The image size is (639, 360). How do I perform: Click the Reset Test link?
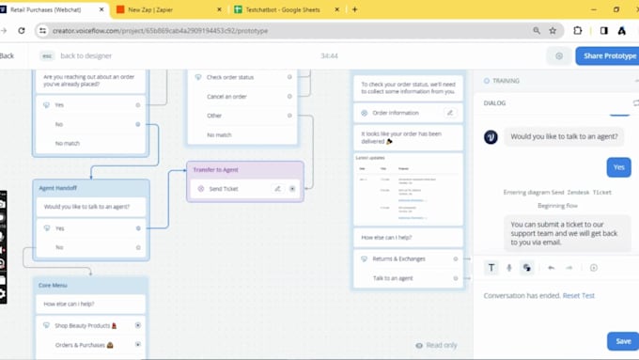click(578, 296)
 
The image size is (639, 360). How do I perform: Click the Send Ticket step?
click(224, 189)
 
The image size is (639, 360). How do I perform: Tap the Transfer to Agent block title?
click(216, 169)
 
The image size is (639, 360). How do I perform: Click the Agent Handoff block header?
click(58, 188)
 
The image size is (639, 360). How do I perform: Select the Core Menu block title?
click(53, 285)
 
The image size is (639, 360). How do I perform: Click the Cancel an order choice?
click(226, 97)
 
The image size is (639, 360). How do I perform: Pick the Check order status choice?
click(230, 77)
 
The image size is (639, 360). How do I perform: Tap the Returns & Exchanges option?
click(398, 258)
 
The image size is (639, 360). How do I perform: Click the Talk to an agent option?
click(393, 278)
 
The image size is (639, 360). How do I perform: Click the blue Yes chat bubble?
click(618, 167)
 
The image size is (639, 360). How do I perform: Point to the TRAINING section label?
click(506, 81)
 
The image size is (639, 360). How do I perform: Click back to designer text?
click(86, 55)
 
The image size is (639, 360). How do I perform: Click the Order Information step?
click(396, 113)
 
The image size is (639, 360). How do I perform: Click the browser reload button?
click(22, 30)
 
